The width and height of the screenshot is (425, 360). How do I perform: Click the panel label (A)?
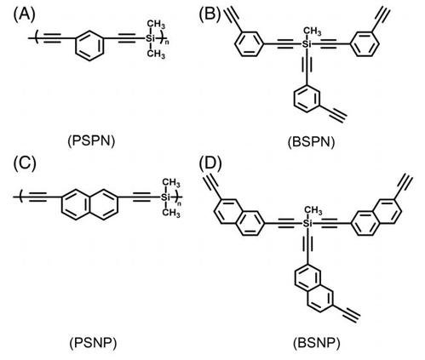[25, 14]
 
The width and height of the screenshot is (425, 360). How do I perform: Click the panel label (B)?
[210, 14]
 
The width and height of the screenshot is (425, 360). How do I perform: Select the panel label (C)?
[26, 164]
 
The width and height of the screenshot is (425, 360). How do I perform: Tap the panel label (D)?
[210, 164]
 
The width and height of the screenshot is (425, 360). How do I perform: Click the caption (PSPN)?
[91, 141]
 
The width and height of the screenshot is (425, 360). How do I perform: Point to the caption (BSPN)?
[311, 141]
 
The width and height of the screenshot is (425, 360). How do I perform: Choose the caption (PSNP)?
[93, 343]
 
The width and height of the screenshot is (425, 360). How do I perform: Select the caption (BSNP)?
[316, 343]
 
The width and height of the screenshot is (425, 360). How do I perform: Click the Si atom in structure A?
[151, 38]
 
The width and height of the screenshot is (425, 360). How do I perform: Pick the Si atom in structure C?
[165, 197]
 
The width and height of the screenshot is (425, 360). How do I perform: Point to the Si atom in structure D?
[307, 223]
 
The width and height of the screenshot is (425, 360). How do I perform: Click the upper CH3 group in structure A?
[156, 24]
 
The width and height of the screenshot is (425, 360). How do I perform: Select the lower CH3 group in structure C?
[171, 212]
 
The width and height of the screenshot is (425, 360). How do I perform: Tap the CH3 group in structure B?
[313, 31]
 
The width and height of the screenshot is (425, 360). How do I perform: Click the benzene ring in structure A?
[89, 45]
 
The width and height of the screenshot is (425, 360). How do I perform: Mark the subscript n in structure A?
[167, 43]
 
